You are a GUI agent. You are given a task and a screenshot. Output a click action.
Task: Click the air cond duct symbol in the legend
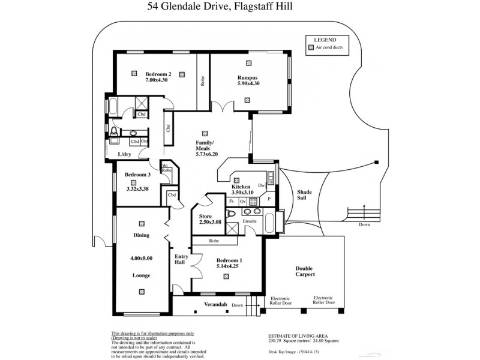point(310,47)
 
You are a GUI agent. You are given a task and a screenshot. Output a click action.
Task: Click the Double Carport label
point(305,271)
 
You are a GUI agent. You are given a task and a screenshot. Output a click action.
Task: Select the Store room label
point(206,216)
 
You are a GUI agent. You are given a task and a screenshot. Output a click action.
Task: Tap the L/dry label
point(124,154)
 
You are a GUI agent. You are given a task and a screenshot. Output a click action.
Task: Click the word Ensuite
point(250,221)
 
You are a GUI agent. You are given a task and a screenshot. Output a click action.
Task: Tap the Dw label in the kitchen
point(261,185)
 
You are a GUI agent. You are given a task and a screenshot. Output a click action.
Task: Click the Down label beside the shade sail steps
point(364,224)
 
